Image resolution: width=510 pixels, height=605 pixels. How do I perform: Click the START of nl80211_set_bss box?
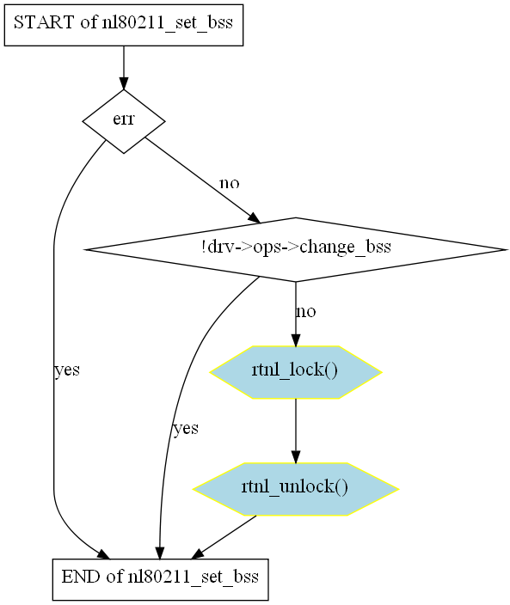(x=124, y=25)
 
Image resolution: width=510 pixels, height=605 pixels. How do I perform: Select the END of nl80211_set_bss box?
(x=160, y=579)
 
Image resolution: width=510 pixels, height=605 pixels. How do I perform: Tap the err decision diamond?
(x=124, y=121)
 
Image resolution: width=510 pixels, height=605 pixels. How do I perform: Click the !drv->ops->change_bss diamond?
(x=296, y=249)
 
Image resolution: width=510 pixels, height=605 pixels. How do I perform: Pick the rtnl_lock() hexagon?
(x=296, y=372)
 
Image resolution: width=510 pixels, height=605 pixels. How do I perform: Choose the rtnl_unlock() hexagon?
(x=296, y=489)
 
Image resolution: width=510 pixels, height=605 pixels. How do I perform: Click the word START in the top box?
(x=43, y=22)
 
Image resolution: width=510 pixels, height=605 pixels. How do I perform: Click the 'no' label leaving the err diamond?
(x=230, y=182)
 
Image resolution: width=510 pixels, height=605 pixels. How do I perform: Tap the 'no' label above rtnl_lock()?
(x=306, y=311)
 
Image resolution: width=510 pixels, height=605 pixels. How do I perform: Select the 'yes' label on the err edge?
(x=67, y=370)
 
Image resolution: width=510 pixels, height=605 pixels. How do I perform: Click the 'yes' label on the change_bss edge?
(x=186, y=428)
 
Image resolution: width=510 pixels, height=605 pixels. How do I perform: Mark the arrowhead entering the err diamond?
(x=124, y=83)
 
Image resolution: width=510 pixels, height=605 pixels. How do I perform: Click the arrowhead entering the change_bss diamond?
(x=255, y=218)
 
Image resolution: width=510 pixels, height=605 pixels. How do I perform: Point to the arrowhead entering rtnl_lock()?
(x=296, y=339)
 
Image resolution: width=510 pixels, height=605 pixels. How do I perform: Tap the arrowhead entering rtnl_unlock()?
(x=296, y=456)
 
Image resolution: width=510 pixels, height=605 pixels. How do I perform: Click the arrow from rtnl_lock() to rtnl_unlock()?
(x=296, y=431)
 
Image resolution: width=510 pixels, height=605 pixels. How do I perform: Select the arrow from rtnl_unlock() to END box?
(x=224, y=537)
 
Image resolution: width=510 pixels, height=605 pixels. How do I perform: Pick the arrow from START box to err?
(x=124, y=68)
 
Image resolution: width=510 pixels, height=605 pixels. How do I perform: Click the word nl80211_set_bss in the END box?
(x=194, y=577)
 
